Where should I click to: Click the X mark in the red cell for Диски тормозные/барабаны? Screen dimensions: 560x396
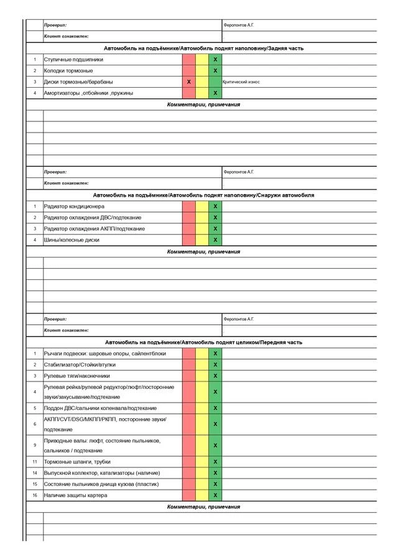pos(188,82)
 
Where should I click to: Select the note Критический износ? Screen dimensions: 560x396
pos(241,82)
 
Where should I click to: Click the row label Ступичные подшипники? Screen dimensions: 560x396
pos(74,60)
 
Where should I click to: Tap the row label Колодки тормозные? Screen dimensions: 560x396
pos(68,71)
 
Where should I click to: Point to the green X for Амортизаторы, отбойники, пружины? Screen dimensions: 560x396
pos(215,93)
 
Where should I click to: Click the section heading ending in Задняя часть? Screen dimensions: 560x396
pos(203,49)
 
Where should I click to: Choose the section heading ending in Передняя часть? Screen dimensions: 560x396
pos(203,342)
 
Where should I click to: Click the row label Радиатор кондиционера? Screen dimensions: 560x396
pos(75,207)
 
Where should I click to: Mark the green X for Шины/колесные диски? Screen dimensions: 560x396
pos(215,240)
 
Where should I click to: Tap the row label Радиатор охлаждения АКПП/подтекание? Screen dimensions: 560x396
pos(94,229)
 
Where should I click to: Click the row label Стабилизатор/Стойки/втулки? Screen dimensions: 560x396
pos(80,365)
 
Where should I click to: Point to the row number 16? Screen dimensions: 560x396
pos(35,495)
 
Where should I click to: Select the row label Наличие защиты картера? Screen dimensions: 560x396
pos(76,495)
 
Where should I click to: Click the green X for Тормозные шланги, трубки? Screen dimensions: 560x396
pos(215,462)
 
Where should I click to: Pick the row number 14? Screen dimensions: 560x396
pos(35,473)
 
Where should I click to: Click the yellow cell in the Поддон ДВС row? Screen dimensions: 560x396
pos(202,408)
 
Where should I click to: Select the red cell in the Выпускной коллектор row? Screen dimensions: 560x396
pos(188,473)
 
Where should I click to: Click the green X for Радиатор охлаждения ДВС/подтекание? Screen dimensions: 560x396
pos(215,218)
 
